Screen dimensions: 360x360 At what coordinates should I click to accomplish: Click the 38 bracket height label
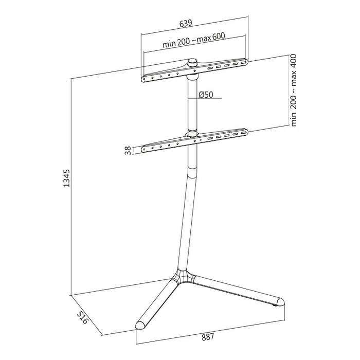pos(128,151)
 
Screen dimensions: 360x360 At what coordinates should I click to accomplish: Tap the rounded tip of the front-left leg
pos(140,325)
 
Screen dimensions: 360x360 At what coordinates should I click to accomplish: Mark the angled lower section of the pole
pos(186,221)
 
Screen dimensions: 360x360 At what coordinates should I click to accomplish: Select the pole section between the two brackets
pos(193,103)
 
